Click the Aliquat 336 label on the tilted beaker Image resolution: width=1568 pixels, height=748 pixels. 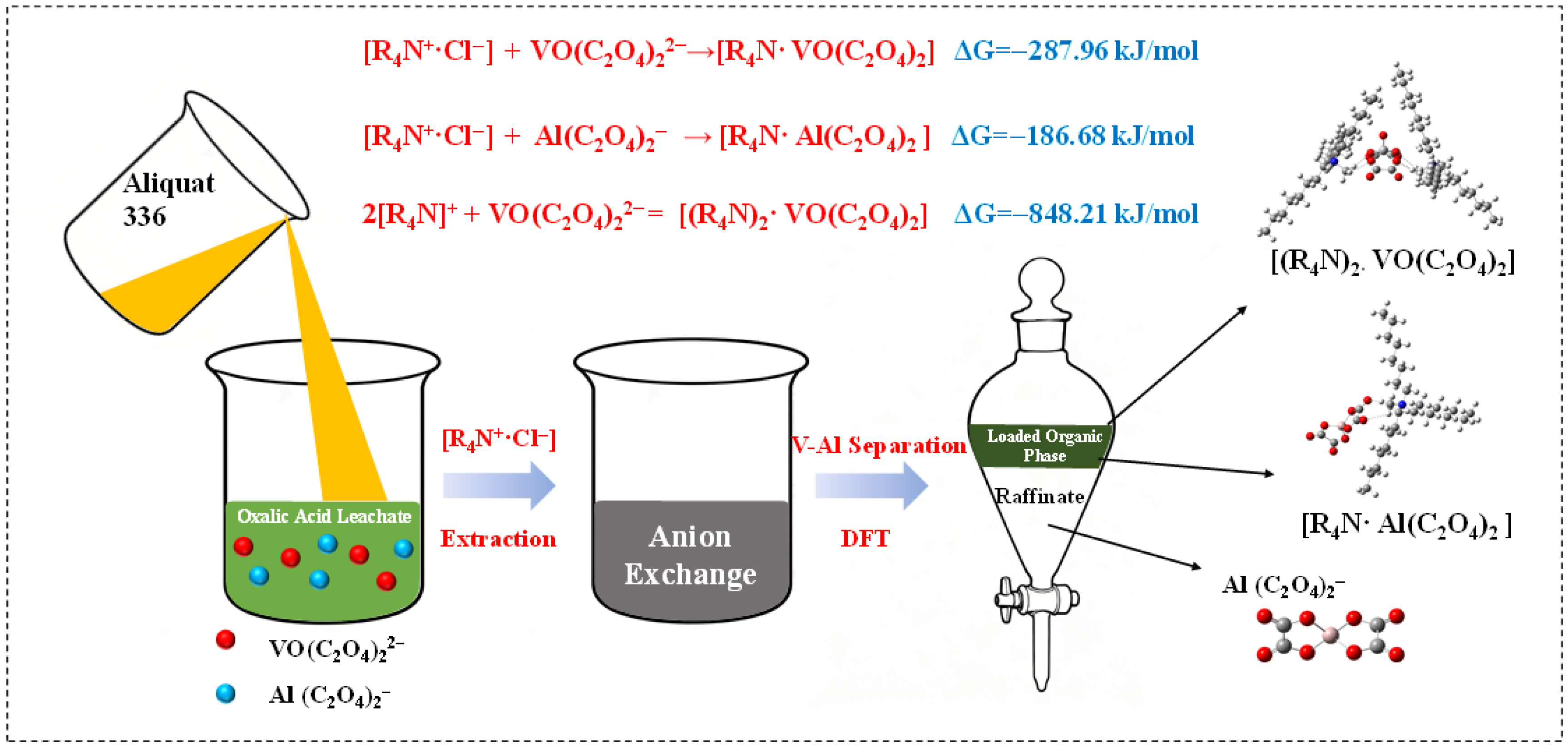point(168,199)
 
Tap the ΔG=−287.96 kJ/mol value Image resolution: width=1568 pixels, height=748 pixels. point(1076,50)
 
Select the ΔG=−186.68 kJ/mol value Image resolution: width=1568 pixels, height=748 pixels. point(1072,136)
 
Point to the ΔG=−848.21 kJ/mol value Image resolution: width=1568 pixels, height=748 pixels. point(1076,213)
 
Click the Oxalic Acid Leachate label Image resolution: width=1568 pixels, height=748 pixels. point(324,516)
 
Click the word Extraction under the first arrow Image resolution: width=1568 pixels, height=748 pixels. point(498,539)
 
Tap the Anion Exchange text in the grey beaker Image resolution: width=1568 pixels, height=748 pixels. point(690,555)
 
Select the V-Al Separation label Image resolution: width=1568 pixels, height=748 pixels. point(878,446)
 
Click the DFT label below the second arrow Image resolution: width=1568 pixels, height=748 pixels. point(865,539)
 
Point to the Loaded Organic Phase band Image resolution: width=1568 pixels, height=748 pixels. point(1044,446)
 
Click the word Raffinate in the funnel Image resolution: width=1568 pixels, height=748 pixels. point(1039,497)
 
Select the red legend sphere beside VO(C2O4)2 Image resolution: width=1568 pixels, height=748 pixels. point(226,639)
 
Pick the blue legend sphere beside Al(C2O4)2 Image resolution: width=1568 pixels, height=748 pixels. point(226,693)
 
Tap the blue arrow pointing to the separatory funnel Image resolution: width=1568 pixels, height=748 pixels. point(871,485)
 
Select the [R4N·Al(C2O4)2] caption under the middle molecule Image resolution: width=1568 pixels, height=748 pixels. point(1406,524)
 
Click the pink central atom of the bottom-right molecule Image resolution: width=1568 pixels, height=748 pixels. point(1331,635)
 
